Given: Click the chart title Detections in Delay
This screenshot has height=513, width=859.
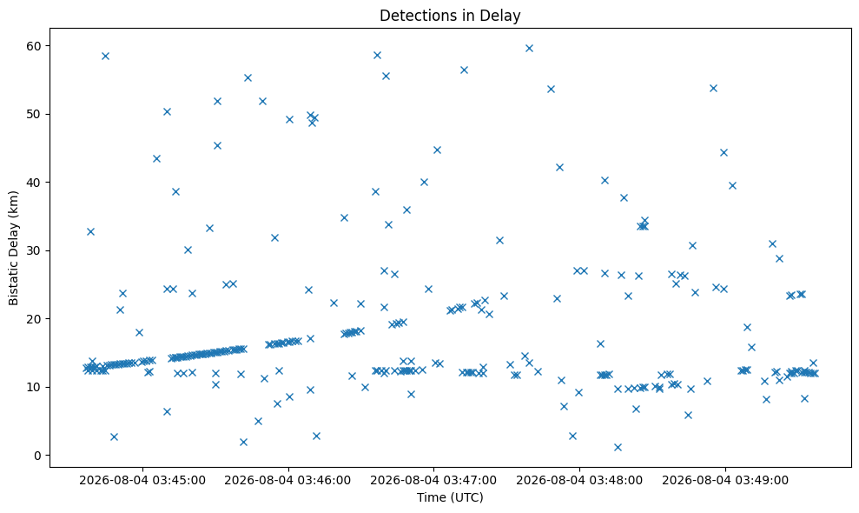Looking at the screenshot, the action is (450, 16).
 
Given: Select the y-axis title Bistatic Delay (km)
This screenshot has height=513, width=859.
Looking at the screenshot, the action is (13, 248).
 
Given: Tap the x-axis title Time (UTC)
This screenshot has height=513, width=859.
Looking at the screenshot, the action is (450, 497).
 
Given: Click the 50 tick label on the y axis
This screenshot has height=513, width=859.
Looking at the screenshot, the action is (34, 114).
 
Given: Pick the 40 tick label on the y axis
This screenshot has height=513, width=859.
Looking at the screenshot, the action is (34, 182).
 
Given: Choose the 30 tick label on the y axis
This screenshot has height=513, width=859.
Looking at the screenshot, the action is (34, 250).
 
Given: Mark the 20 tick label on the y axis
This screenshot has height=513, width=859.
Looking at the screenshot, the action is (34, 319).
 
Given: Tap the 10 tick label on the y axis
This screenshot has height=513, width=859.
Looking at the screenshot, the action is (34, 387).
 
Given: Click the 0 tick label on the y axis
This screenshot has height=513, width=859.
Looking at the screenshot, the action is (38, 456).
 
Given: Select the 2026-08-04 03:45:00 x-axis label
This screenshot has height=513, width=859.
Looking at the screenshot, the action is (142, 481).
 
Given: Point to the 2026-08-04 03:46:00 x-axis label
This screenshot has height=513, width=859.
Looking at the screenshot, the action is (288, 481).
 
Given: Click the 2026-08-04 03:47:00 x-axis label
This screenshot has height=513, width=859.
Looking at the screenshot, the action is (433, 481).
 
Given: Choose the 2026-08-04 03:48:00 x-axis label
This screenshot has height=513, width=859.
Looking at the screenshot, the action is (579, 481).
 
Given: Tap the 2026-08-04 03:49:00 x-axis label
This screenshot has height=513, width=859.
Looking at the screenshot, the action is (724, 481).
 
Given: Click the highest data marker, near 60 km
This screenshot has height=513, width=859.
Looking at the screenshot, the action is (529, 49).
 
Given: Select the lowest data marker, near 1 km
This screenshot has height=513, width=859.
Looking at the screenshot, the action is (618, 447).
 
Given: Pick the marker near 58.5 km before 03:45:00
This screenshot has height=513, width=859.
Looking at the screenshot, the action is (106, 56).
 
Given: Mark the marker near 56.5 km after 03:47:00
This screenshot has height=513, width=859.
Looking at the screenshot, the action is (464, 70).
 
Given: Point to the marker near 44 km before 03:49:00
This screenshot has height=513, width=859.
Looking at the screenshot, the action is (724, 152).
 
